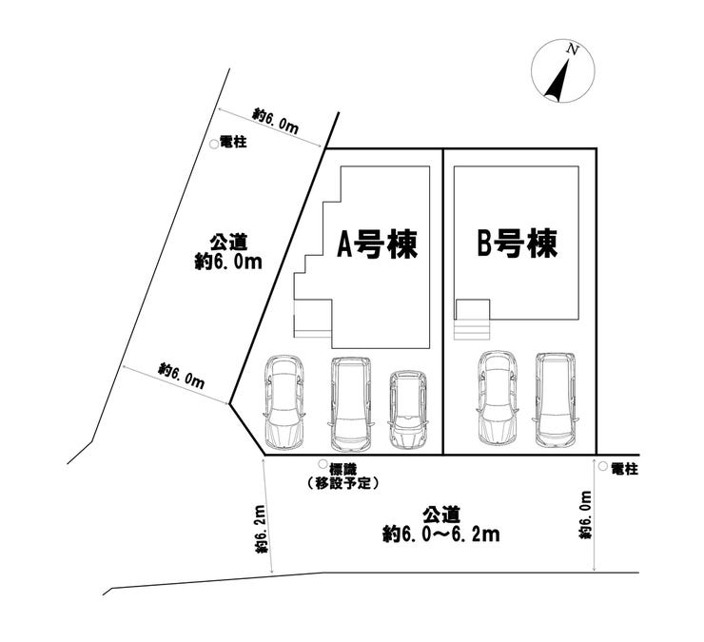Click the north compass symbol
[562, 71]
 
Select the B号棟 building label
[517, 244]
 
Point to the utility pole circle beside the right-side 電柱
[604, 467]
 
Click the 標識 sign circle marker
[323, 467]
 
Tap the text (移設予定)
[344, 483]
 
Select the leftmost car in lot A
[283, 401]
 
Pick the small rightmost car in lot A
[407, 410]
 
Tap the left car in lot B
[497, 399]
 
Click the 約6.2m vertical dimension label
[259, 532]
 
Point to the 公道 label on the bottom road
[440, 514]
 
